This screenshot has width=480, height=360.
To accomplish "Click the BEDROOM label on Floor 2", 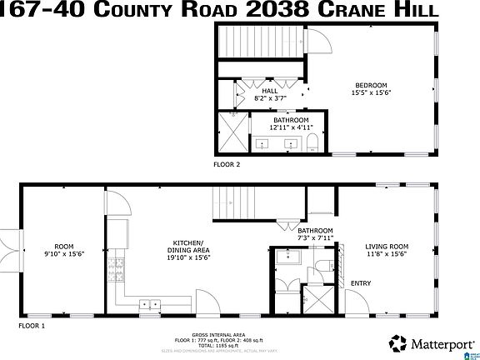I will click(x=372, y=85).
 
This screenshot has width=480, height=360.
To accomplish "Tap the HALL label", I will click(x=270, y=92).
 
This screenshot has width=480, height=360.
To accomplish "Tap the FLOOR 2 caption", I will click(x=226, y=164).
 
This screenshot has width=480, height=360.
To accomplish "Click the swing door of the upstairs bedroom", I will click(x=317, y=39).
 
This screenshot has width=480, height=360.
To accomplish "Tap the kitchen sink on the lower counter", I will click(x=150, y=304).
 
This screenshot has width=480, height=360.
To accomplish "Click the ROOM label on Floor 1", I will click(x=64, y=247).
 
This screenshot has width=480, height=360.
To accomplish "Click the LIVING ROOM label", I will click(x=387, y=247).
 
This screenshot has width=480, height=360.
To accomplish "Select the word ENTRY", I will click(x=361, y=283).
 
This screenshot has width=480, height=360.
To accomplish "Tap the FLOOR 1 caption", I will click(x=32, y=325).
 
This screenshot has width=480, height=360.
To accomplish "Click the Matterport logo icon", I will click(x=398, y=342).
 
